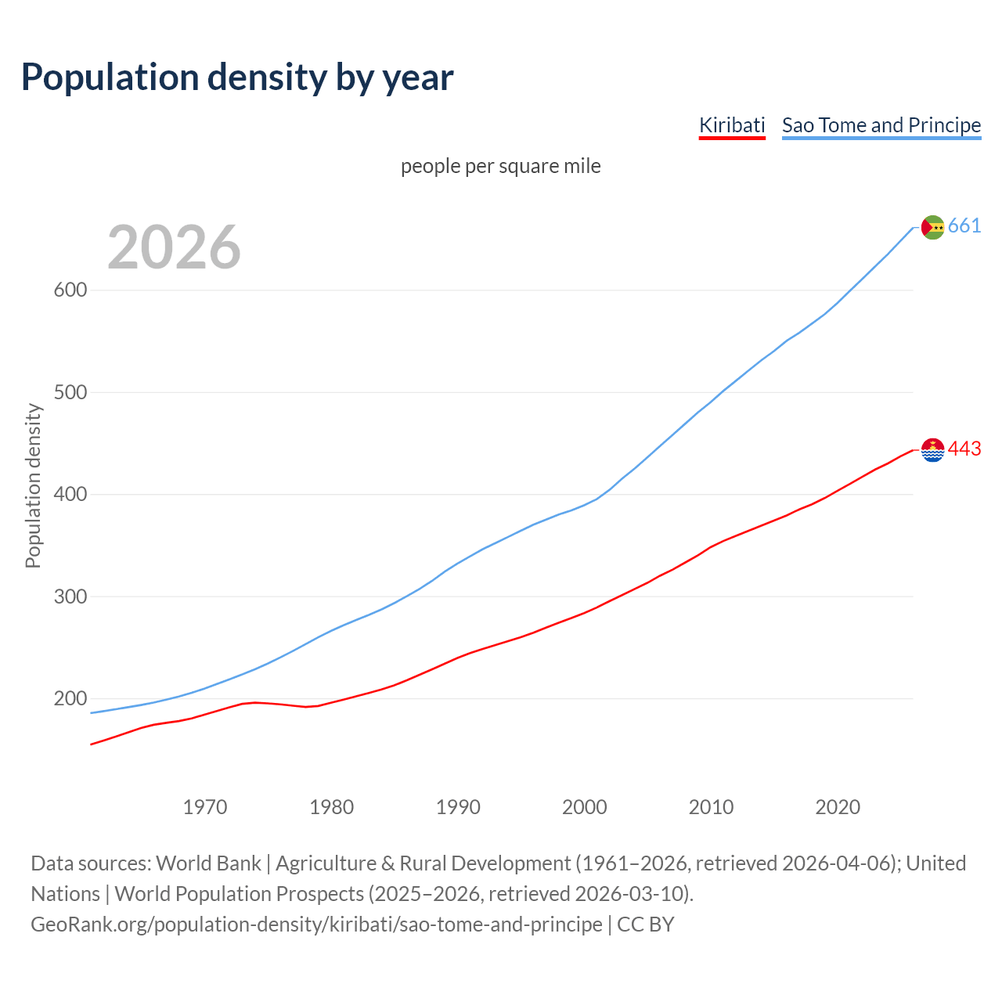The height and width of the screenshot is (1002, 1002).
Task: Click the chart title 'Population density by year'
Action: [237, 77]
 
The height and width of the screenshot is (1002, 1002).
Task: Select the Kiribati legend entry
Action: [732, 125]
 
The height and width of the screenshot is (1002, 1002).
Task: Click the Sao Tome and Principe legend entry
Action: [881, 125]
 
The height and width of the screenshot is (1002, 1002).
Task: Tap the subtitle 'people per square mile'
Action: [501, 167]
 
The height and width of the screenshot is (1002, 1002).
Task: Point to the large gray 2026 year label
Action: [174, 247]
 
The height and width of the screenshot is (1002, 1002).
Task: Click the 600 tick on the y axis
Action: [70, 290]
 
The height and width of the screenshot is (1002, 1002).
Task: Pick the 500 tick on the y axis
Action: [70, 392]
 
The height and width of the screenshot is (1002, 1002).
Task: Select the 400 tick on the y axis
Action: [70, 495]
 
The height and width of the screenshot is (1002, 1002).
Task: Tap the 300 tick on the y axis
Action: [70, 597]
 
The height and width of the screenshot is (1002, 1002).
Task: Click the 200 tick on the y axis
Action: [70, 699]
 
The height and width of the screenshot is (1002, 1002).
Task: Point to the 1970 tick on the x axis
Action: [205, 807]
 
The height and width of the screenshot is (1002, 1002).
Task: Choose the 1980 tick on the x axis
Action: [332, 807]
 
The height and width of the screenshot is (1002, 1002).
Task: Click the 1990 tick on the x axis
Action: [458, 807]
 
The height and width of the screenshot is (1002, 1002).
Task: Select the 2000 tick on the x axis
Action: [585, 807]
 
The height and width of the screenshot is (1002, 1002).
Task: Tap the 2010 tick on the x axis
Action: [711, 807]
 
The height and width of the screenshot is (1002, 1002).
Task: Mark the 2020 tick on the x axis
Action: [838, 807]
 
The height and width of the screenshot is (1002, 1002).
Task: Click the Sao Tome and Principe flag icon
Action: [933, 227]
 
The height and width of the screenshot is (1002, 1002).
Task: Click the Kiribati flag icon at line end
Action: [933, 450]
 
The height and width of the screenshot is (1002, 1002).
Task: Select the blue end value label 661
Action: [964, 226]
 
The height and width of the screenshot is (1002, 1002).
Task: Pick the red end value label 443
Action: [964, 449]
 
